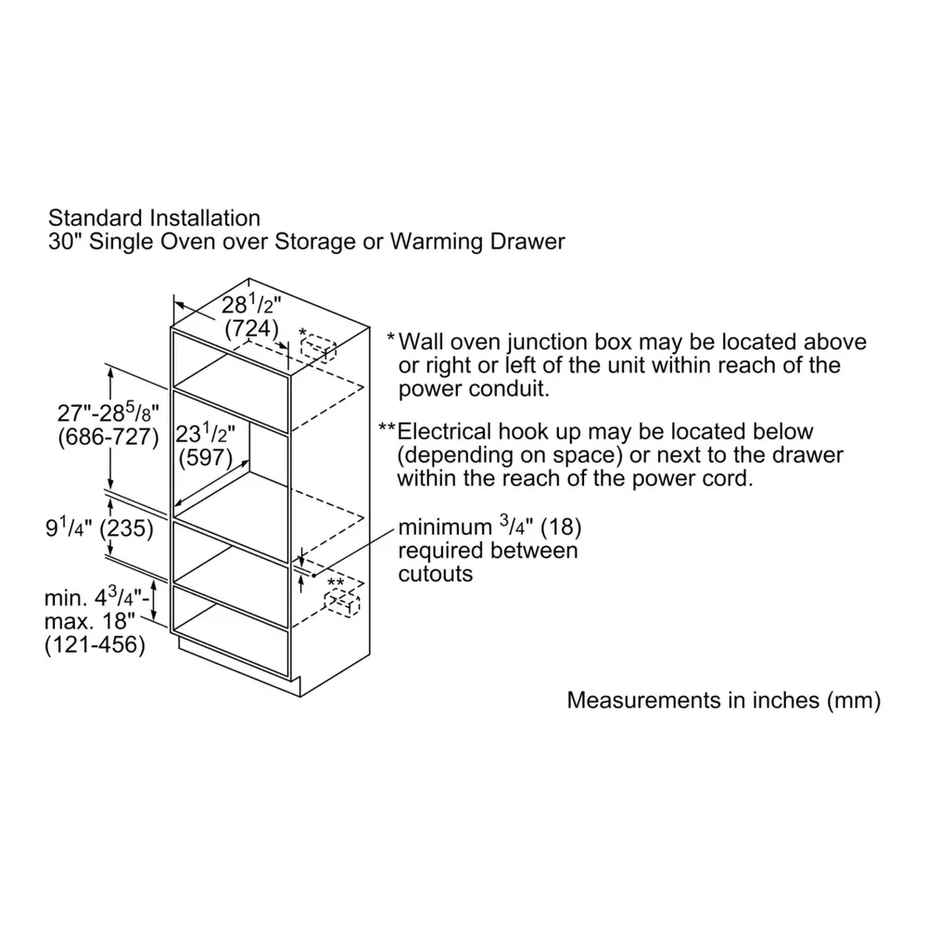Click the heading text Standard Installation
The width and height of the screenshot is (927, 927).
[154, 218]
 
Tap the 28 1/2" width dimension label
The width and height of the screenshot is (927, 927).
[251, 304]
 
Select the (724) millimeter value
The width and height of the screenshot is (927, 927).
[251, 328]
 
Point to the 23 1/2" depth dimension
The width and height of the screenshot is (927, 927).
[205, 433]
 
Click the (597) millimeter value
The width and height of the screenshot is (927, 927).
[205, 457]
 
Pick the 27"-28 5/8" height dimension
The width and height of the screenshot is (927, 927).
[108, 412]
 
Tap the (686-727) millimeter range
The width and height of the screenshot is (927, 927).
[108, 437]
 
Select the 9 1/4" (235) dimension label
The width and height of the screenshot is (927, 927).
[99, 527]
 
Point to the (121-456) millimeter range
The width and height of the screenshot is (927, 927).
[95, 644]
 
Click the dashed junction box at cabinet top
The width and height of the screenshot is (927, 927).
[318, 348]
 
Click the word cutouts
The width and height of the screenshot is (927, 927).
[435, 574]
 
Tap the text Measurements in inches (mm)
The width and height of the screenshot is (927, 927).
[724, 700]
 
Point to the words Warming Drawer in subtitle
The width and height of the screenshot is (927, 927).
[477, 242]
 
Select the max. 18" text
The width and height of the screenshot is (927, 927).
[90, 621]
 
